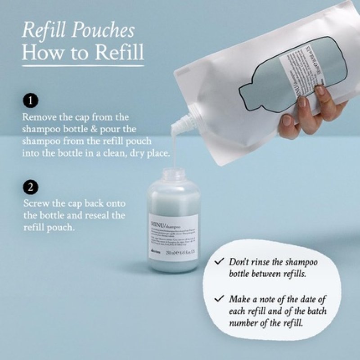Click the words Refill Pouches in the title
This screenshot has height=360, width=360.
tap(78, 31)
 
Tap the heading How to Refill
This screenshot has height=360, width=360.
tap(83, 52)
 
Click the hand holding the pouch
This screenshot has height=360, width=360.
tap(306, 112)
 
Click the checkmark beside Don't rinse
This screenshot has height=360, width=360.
tap(220, 261)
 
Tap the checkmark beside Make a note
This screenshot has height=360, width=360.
tap(220, 298)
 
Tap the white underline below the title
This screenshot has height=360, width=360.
tap(83, 65)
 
